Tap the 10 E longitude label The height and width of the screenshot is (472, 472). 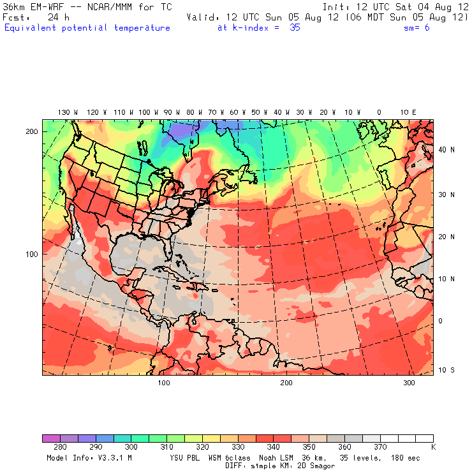click(x=408, y=112)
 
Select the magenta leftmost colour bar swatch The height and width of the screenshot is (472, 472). click(x=51, y=438)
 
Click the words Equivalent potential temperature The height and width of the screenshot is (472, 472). click(x=87, y=28)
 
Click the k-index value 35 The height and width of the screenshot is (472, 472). click(x=294, y=28)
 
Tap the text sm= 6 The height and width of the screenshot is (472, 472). click(x=417, y=28)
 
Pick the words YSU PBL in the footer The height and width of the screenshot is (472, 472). click(x=186, y=458)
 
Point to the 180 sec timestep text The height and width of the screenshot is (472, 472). click(x=404, y=458)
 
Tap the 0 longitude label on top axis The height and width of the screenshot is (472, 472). click(x=379, y=112)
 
